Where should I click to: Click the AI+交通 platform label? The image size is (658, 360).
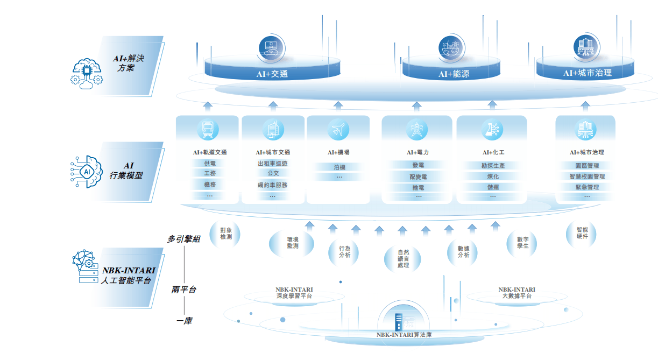272,74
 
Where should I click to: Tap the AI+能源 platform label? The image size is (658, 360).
454,74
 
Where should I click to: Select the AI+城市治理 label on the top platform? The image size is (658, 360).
587,73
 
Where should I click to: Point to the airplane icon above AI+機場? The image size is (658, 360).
338,130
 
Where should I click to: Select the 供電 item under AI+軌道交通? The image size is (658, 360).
210,164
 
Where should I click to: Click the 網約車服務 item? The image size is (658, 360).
272,185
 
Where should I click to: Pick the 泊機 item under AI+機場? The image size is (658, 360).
339,167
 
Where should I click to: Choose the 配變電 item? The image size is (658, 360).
418,177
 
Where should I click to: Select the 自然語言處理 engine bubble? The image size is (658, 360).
403,259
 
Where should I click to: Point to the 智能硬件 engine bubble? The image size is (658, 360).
582,233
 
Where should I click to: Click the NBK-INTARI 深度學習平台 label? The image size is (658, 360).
294,293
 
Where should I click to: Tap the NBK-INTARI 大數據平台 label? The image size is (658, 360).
517,293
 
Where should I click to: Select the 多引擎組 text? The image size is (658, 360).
183,239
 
